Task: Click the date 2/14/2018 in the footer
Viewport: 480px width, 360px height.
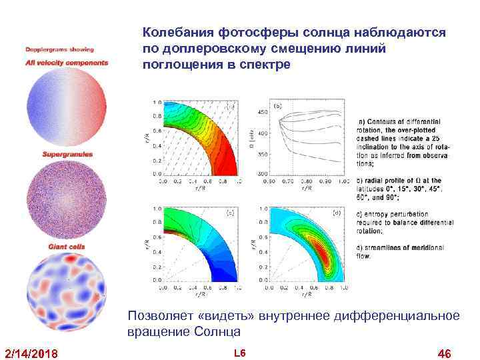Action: click(31, 352)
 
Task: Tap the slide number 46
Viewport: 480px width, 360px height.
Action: click(443, 352)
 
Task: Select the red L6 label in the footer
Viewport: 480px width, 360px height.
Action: click(240, 351)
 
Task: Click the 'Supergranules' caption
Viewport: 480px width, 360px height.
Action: click(67, 154)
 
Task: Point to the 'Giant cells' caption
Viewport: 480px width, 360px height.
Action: click(67, 247)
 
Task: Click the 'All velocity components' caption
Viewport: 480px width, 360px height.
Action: click(67, 63)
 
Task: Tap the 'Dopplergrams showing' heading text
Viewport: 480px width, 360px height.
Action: click(60, 49)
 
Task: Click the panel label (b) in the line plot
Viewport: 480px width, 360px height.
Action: click(277, 106)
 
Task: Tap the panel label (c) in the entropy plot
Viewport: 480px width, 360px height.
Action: click(230, 213)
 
